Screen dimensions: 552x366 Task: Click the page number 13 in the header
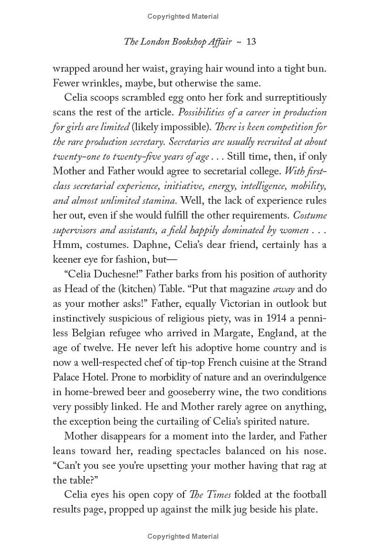click(x=251, y=42)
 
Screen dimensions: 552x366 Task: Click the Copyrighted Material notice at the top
click(x=183, y=16)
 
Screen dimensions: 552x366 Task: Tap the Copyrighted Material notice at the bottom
click(x=183, y=536)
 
